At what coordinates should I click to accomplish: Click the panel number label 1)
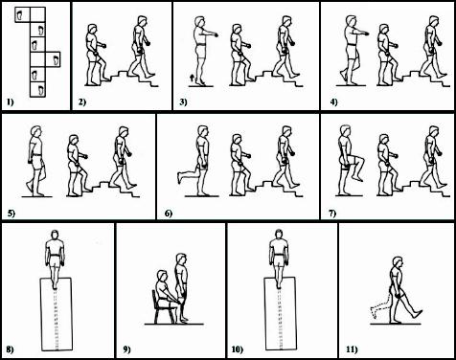(11, 102)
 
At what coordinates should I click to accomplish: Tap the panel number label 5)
(11, 214)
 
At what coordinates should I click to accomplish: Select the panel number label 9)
(126, 349)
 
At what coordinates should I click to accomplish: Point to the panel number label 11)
(352, 349)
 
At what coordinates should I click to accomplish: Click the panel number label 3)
(183, 102)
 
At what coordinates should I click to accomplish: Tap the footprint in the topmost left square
(20, 14)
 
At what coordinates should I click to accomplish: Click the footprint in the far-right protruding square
(56, 59)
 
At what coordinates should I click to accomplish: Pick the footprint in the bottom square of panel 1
(41, 90)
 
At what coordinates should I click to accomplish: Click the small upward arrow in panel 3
(192, 78)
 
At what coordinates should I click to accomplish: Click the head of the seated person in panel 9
(162, 277)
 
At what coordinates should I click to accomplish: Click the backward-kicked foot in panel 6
(179, 177)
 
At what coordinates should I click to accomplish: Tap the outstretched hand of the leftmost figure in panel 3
(216, 34)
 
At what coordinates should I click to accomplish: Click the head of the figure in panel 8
(55, 236)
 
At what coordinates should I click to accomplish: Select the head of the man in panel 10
(279, 235)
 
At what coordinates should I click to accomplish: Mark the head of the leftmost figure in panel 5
(36, 131)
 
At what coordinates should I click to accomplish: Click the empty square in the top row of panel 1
(37, 14)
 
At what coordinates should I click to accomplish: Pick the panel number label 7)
(332, 214)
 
